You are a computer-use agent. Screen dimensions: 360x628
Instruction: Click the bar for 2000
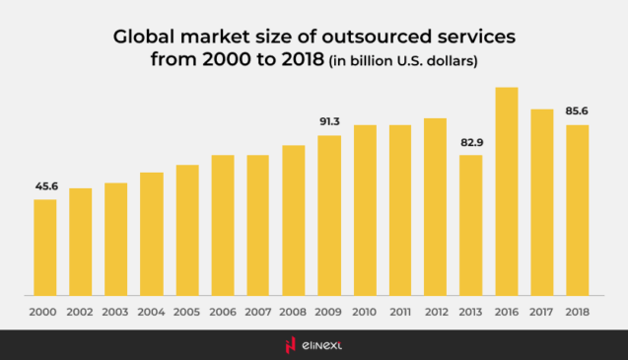click(45, 247)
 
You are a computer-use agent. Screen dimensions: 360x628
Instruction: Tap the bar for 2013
click(471, 225)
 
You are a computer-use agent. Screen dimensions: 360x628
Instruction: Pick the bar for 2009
click(329, 215)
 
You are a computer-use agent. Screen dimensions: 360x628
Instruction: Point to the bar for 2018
click(578, 209)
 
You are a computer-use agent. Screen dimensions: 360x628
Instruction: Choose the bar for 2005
click(187, 230)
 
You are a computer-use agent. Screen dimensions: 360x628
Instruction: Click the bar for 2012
click(436, 206)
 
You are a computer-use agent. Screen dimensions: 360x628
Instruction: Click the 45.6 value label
click(45, 185)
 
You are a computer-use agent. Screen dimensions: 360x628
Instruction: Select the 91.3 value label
click(329, 121)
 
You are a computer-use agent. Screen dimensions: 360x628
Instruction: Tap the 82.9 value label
click(471, 142)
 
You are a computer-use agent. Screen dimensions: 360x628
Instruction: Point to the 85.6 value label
click(578, 111)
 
